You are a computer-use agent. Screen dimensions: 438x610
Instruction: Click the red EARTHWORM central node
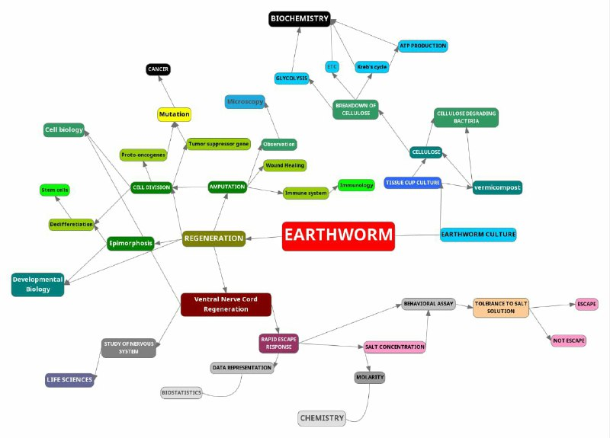338,236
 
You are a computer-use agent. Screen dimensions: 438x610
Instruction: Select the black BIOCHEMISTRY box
299,18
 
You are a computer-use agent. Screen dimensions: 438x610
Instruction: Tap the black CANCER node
158,69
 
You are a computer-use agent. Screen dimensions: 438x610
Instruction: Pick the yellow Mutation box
174,114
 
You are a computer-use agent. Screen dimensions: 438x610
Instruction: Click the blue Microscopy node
246,101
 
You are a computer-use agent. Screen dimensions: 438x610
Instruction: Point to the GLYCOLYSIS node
291,78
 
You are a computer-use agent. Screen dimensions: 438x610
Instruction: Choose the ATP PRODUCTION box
423,46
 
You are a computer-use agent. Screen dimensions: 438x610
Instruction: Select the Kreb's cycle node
372,67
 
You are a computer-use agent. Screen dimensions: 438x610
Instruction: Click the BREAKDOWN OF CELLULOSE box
355,110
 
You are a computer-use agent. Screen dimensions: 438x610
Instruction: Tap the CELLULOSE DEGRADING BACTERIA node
466,117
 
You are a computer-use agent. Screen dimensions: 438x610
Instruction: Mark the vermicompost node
497,187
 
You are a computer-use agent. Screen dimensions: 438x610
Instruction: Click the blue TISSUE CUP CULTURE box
413,183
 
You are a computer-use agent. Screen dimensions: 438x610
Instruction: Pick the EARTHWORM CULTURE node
478,235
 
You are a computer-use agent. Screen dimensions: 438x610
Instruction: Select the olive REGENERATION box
214,238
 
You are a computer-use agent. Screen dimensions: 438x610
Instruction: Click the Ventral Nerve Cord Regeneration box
226,304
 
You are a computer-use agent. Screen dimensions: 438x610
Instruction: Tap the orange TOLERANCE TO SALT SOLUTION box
500,307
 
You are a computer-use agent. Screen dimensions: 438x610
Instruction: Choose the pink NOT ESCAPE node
569,340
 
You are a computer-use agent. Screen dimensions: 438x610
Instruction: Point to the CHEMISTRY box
322,418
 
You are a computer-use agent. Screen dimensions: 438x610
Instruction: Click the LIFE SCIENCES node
69,379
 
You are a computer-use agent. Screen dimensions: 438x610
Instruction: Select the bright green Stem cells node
55,190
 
